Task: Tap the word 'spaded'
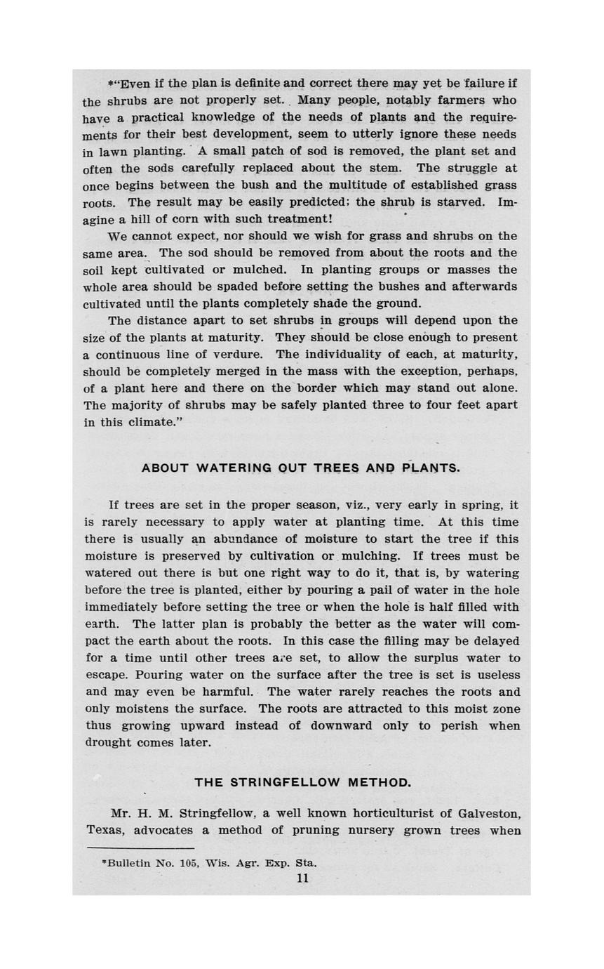[x=233, y=286]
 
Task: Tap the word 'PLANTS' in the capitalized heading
[x=429, y=468]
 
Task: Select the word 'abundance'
[x=243, y=539]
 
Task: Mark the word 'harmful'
[x=229, y=692]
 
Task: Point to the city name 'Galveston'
[x=488, y=814]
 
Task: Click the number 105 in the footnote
[x=187, y=863]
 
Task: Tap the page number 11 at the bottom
[x=302, y=878]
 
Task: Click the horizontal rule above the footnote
[x=130, y=849]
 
